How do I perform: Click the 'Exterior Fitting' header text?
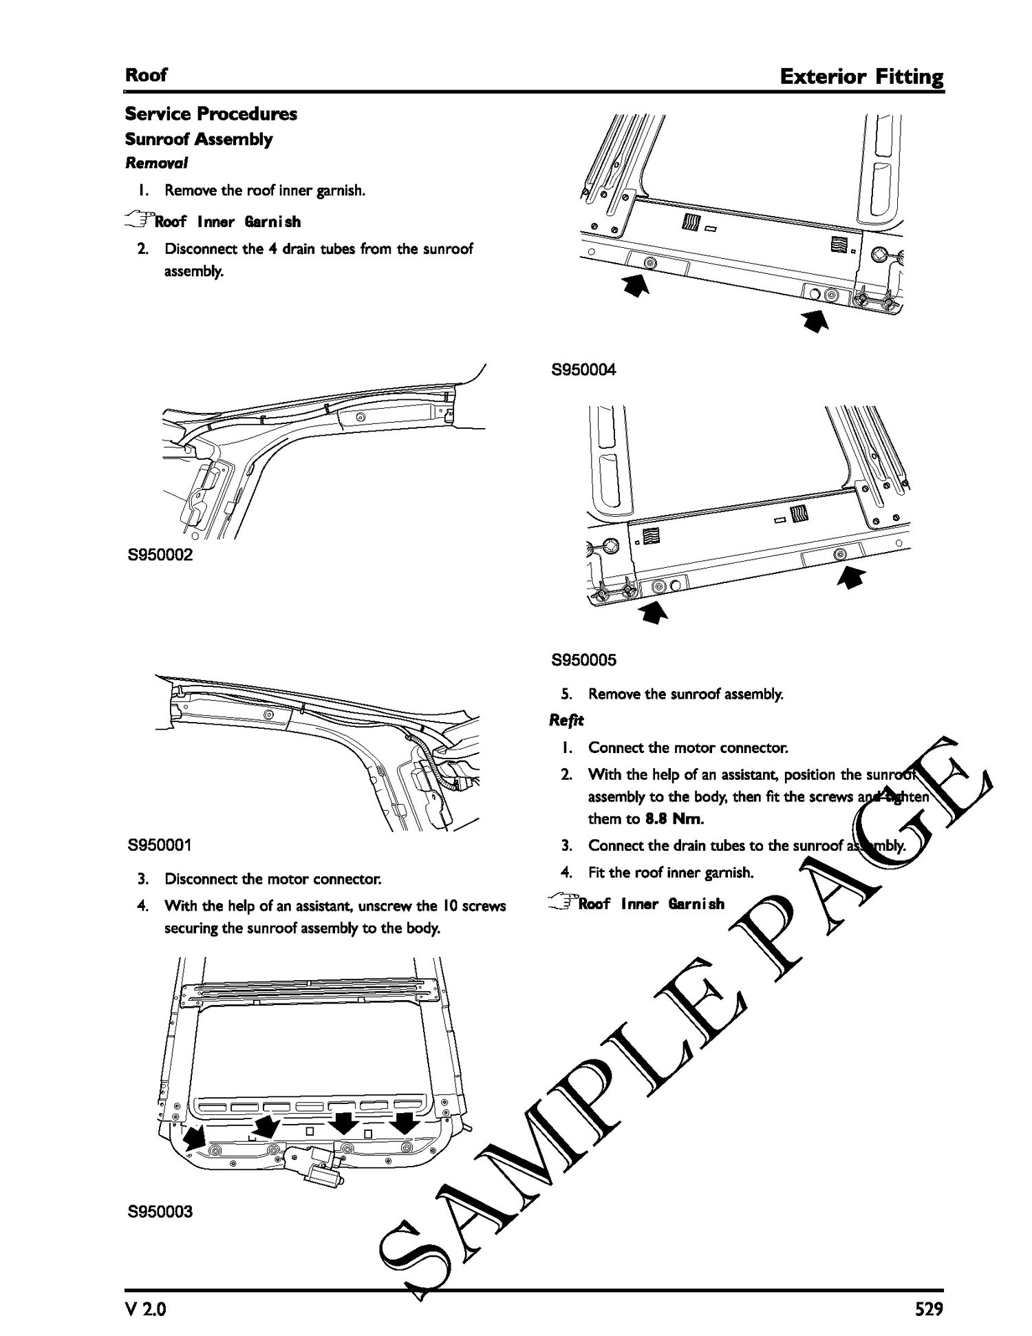pos(861,76)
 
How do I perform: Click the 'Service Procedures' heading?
pos(211,114)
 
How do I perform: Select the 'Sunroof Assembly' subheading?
pos(199,139)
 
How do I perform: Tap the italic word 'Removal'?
pos(156,163)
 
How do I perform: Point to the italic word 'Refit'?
pos(566,720)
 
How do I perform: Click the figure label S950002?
pos(160,555)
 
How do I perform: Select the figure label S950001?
pos(160,845)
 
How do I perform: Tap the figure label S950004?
pos(584,370)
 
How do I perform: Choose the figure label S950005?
pos(584,661)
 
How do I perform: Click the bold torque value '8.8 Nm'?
pos(674,819)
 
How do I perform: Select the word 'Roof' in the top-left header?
pos(146,75)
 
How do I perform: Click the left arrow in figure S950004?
pos(636,285)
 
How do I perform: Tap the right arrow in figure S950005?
pos(851,579)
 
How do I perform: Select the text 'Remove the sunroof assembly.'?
pos(686,694)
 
